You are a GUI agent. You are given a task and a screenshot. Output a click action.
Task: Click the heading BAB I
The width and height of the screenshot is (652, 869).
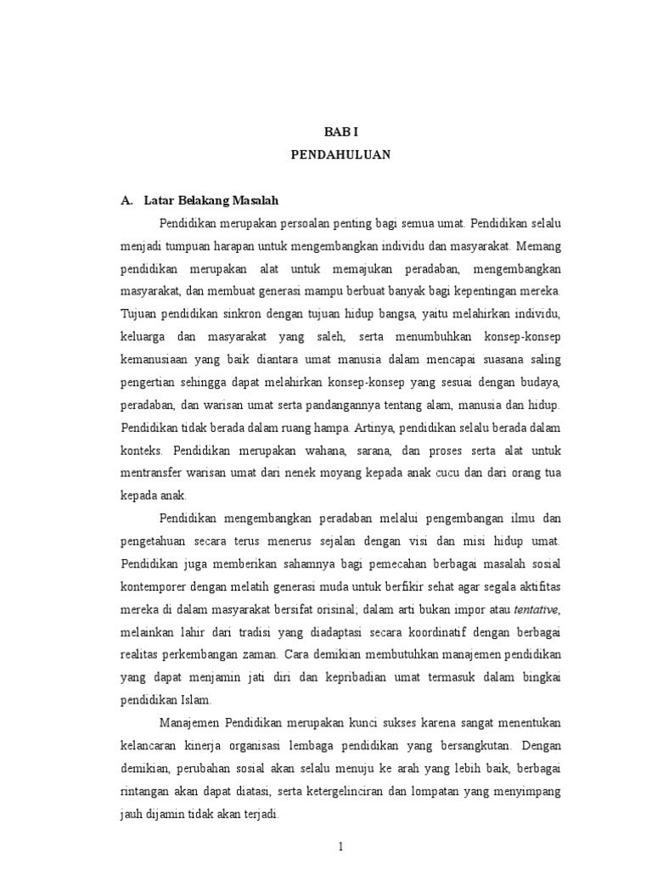point(340,132)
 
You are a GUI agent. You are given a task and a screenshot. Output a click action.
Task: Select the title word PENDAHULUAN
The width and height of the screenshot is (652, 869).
point(340,157)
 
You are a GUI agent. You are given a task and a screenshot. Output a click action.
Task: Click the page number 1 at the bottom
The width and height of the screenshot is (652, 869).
point(340,846)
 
